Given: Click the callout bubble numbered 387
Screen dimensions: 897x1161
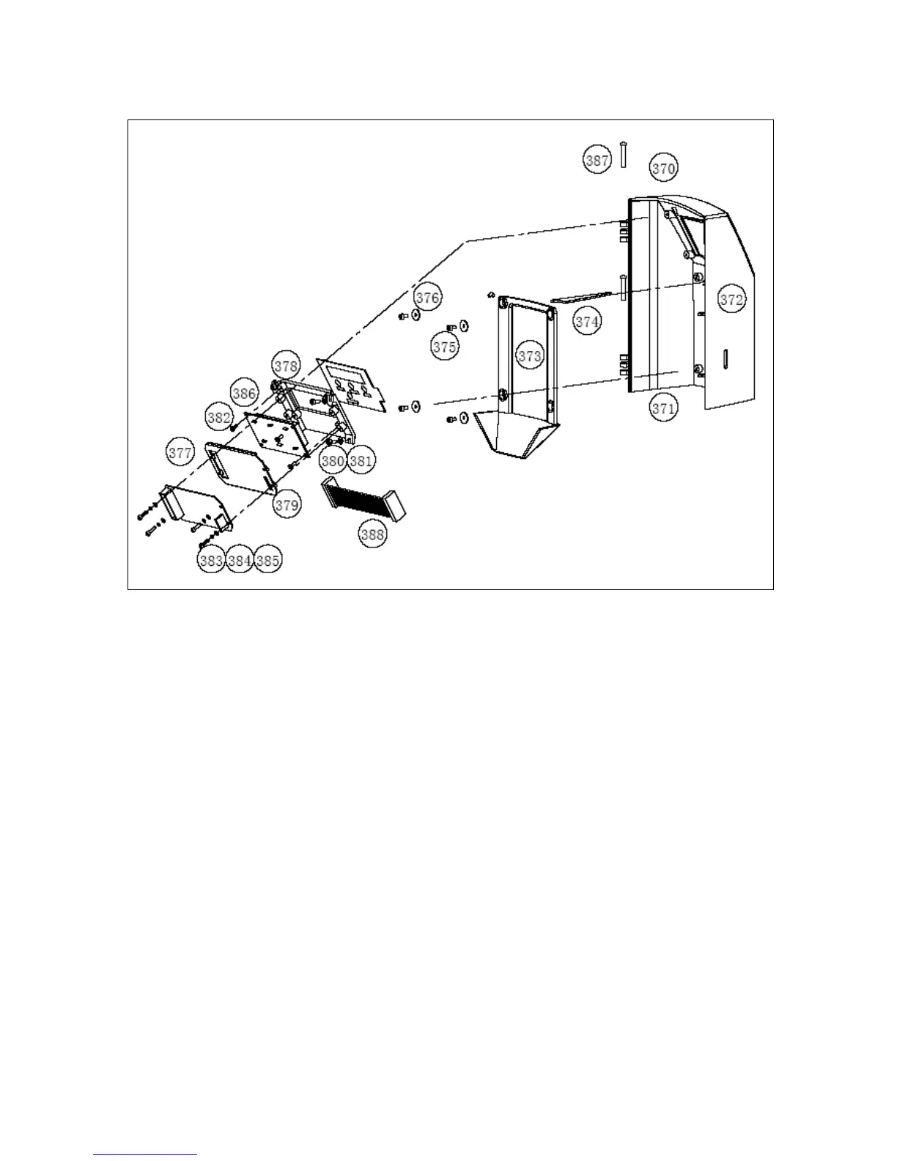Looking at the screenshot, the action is point(597,159).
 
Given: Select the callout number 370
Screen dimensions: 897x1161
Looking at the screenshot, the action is point(663,169).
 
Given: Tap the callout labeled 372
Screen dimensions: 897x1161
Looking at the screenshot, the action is point(731,300).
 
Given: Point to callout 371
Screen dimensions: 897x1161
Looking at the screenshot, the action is point(663,408).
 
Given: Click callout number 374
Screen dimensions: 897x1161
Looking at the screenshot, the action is point(587,321).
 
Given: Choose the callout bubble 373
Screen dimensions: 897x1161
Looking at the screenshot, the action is point(529,356).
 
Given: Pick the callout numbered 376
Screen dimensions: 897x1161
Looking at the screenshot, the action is point(428,297).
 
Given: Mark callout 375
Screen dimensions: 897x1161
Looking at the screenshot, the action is point(444,347).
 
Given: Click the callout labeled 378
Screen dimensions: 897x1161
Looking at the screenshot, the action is point(286,365).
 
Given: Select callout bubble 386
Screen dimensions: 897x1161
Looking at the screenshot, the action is point(244,393).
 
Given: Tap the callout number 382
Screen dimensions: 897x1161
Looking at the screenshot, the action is point(218,418).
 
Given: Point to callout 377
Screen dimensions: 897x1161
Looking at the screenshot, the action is point(180,453).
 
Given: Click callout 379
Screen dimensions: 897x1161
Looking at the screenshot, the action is point(287,504).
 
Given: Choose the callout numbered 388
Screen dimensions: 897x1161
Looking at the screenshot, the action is point(372,534).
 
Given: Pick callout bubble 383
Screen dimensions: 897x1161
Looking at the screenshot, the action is point(211,561).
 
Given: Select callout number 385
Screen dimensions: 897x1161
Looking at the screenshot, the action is point(267,561).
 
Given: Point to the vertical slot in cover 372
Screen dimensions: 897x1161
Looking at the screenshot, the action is point(725,359).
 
